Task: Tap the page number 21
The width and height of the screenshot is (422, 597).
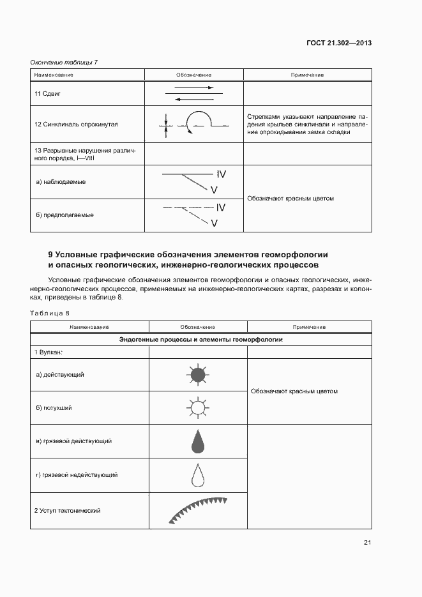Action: point(367,543)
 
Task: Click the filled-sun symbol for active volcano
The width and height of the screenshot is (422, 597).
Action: point(197,375)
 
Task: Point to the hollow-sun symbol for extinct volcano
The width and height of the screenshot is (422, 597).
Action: point(197,407)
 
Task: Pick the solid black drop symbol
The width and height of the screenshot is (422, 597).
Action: point(198,441)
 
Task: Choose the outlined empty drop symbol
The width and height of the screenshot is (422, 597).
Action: point(198,474)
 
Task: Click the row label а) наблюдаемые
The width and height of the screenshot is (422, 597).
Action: point(61,182)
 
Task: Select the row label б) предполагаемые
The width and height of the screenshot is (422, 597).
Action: point(65,215)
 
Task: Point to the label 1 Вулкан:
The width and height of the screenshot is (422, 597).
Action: point(52,352)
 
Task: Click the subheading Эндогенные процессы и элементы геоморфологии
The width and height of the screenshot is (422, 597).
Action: point(201,340)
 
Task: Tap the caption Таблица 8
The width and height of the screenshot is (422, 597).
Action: point(49,313)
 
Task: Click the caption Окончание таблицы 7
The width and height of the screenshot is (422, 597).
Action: point(64,62)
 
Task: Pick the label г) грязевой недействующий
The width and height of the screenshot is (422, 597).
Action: point(77,475)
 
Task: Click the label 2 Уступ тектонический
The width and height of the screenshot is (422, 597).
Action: point(68,511)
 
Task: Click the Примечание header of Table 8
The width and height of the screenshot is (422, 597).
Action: point(309,327)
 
